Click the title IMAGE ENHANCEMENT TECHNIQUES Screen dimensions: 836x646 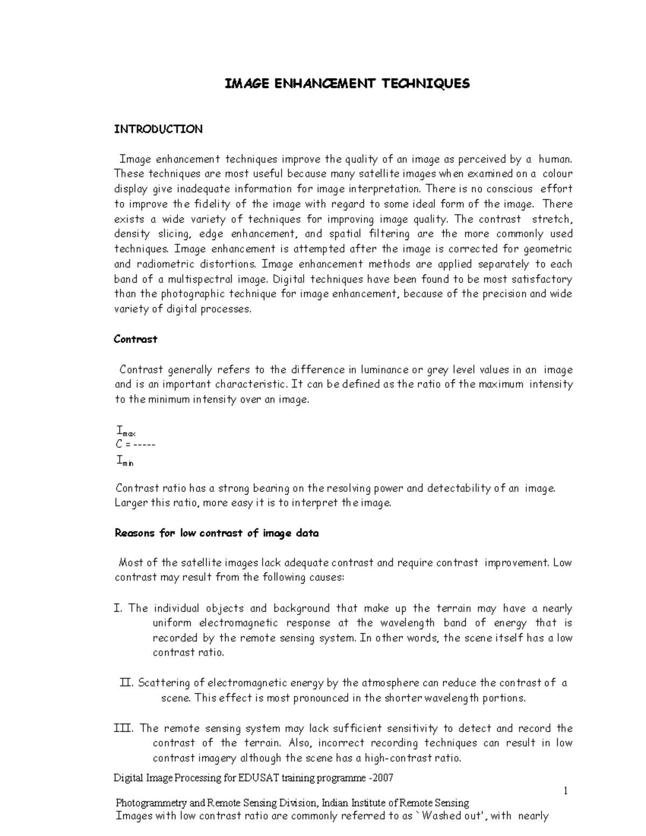pyautogui.click(x=347, y=83)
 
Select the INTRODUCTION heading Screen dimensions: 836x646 pyautogui.click(x=158, y=129)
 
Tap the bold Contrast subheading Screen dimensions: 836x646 pyautogui.click(x=136, y=339)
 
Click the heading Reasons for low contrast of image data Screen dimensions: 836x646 pyautogui.click(x=217, y=533)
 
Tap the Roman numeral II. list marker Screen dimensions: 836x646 pyautogui.click(x=126, y=683)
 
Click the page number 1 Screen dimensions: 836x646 pyautogui.click(x=566, y=791)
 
